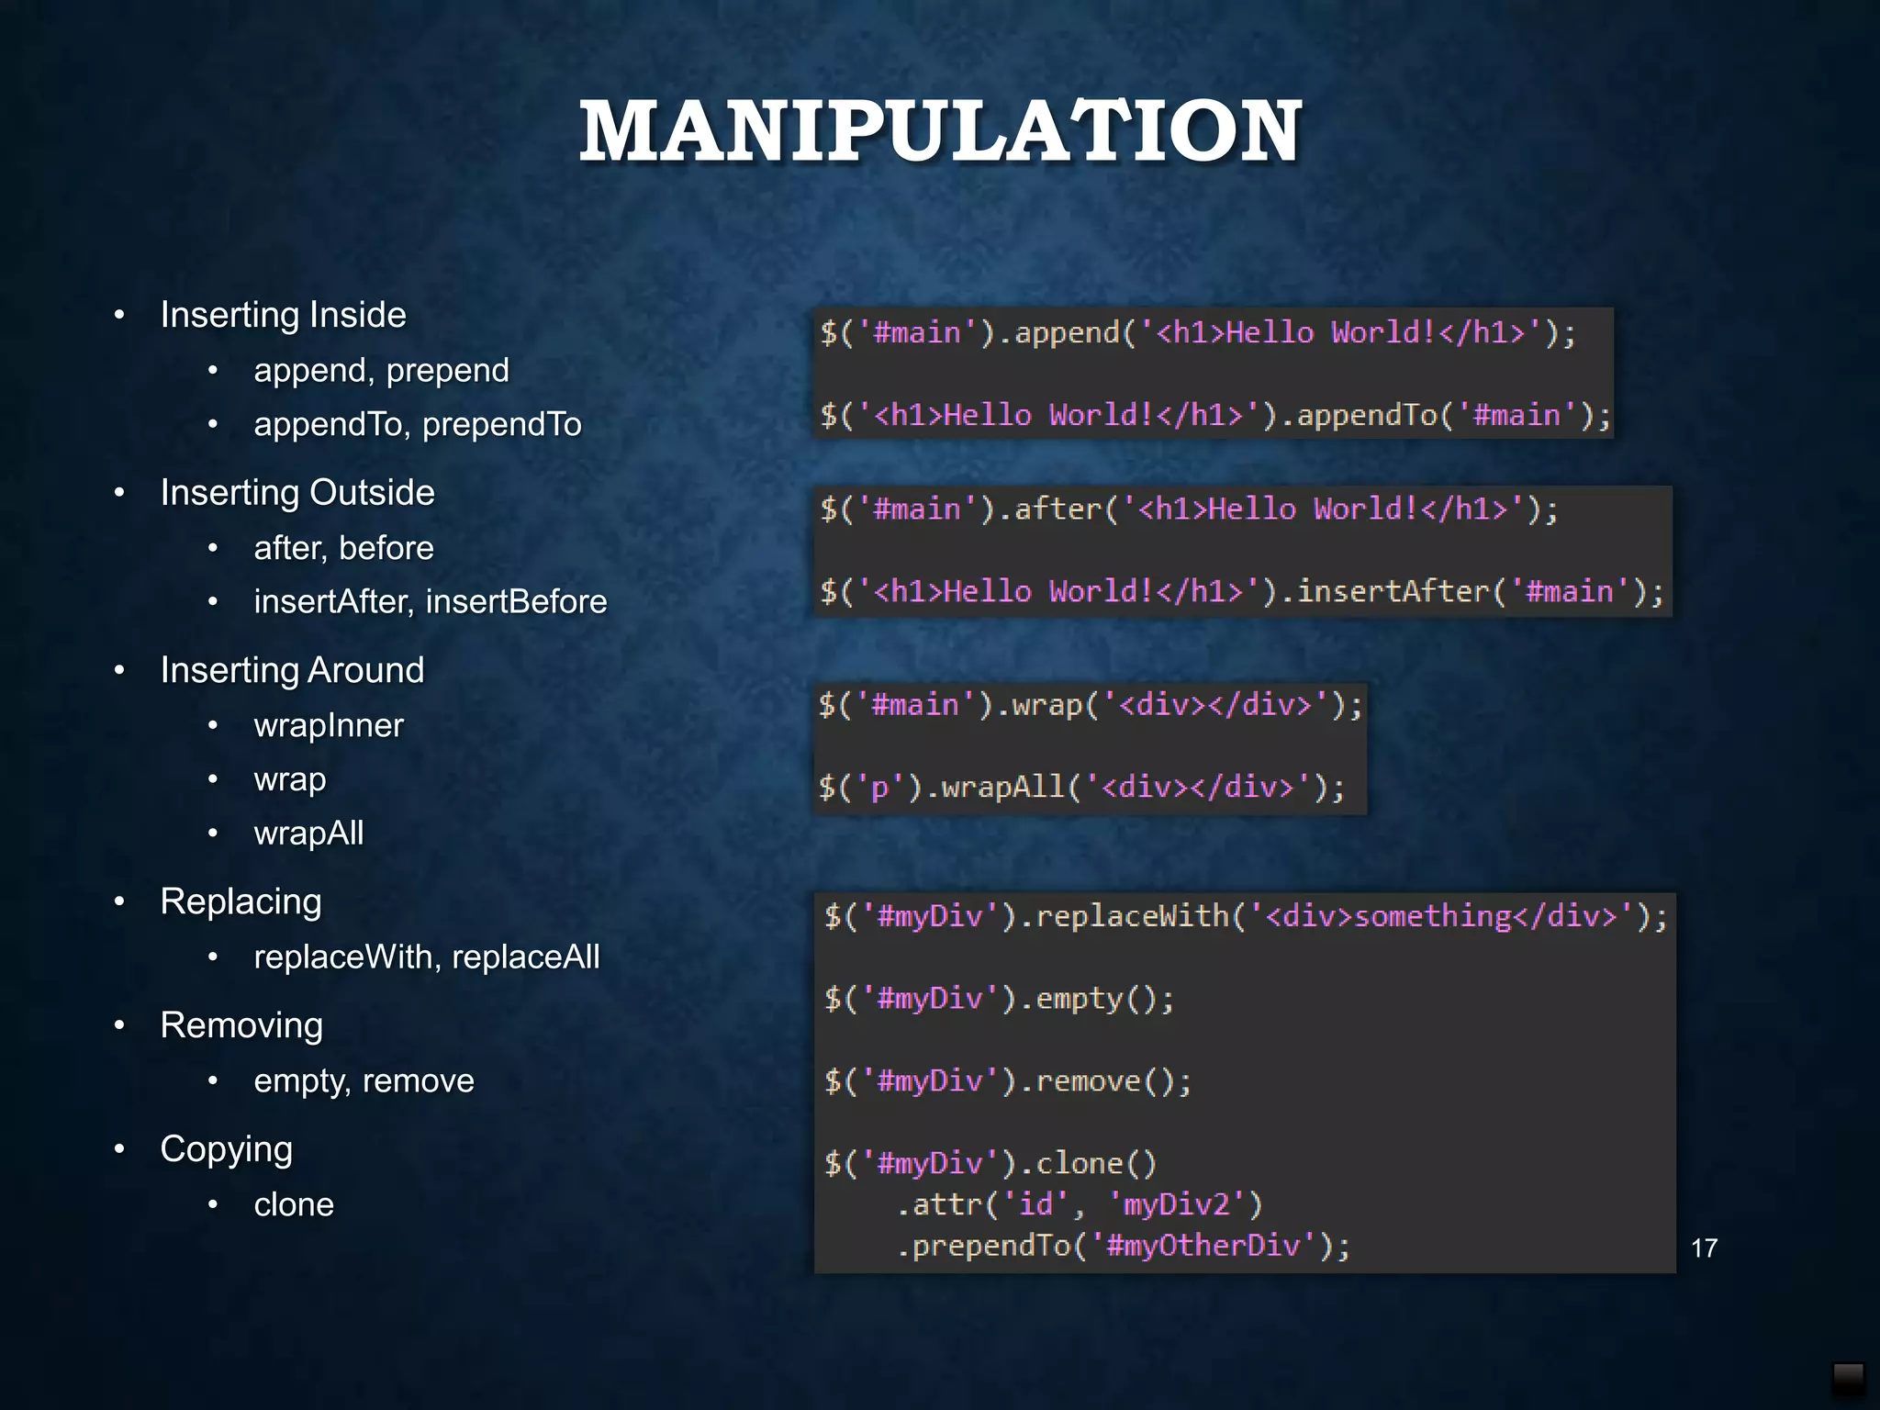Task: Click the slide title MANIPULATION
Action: pos(940,132)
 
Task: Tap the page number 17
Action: pos(1704,1248)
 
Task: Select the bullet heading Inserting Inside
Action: pos(283,315)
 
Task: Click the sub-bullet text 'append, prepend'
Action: pos(381,370)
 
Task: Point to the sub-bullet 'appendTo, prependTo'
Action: pos(418,424)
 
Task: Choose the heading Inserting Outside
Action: pos(297,493)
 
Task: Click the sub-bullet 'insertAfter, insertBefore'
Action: pos(431,601)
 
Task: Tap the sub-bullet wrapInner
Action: pos(329,725)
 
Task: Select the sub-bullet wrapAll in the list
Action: pos(308,834)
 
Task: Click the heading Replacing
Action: pos(241,901)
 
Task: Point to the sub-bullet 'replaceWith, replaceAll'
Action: pos(427,957)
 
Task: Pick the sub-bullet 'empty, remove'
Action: pos(364,1080)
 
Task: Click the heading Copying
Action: pos(226,1149)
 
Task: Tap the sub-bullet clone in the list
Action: pos(294,1204)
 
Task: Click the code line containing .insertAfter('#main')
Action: pos(1241,591)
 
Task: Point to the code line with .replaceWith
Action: pos(1246,916)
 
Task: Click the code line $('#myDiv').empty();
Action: pos(999,999)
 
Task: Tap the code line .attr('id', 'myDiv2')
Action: pos(1080,1204)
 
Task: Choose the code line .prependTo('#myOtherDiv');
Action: pos(1123,1246)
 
